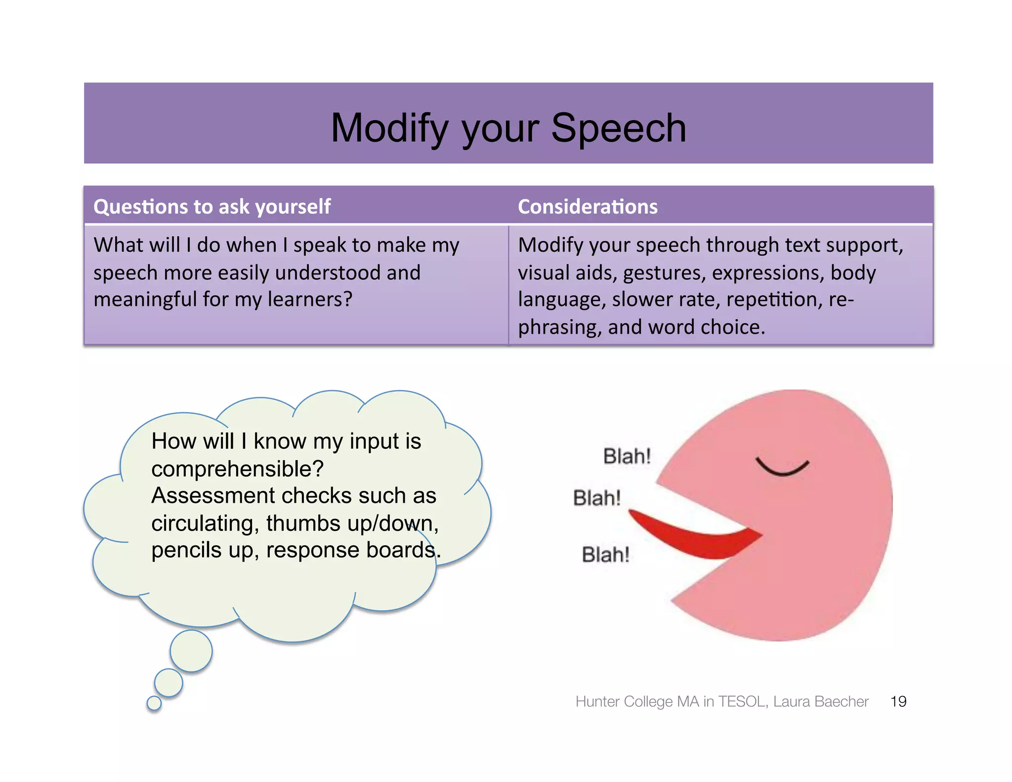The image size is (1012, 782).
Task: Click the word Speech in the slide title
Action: pyautogui.click(x=618, y=128)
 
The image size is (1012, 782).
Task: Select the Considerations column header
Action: pyautogui.click(x=588, y=207)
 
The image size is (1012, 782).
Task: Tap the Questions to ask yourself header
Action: pyautogui.click(x=212, y=207)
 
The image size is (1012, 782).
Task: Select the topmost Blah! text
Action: pyautogui.click(x=627, y=456)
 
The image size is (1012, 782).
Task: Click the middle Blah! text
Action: pyautogui.click(x=596, y=498)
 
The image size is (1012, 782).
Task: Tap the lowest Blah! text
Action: pyautogui.click(x=605, y=555)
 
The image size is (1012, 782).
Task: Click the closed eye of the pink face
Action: pyautogui.click(x=782, y=467)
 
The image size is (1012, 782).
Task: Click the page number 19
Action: pyautogui.click(x=898, y=701)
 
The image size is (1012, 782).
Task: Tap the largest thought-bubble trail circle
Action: pyautogui.click(x=191, y=651)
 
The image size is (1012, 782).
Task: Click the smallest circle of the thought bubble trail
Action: pyautogui.click(x=154, y=703)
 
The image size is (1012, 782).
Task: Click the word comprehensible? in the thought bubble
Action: pyautogui.click(x=237, y=469)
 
